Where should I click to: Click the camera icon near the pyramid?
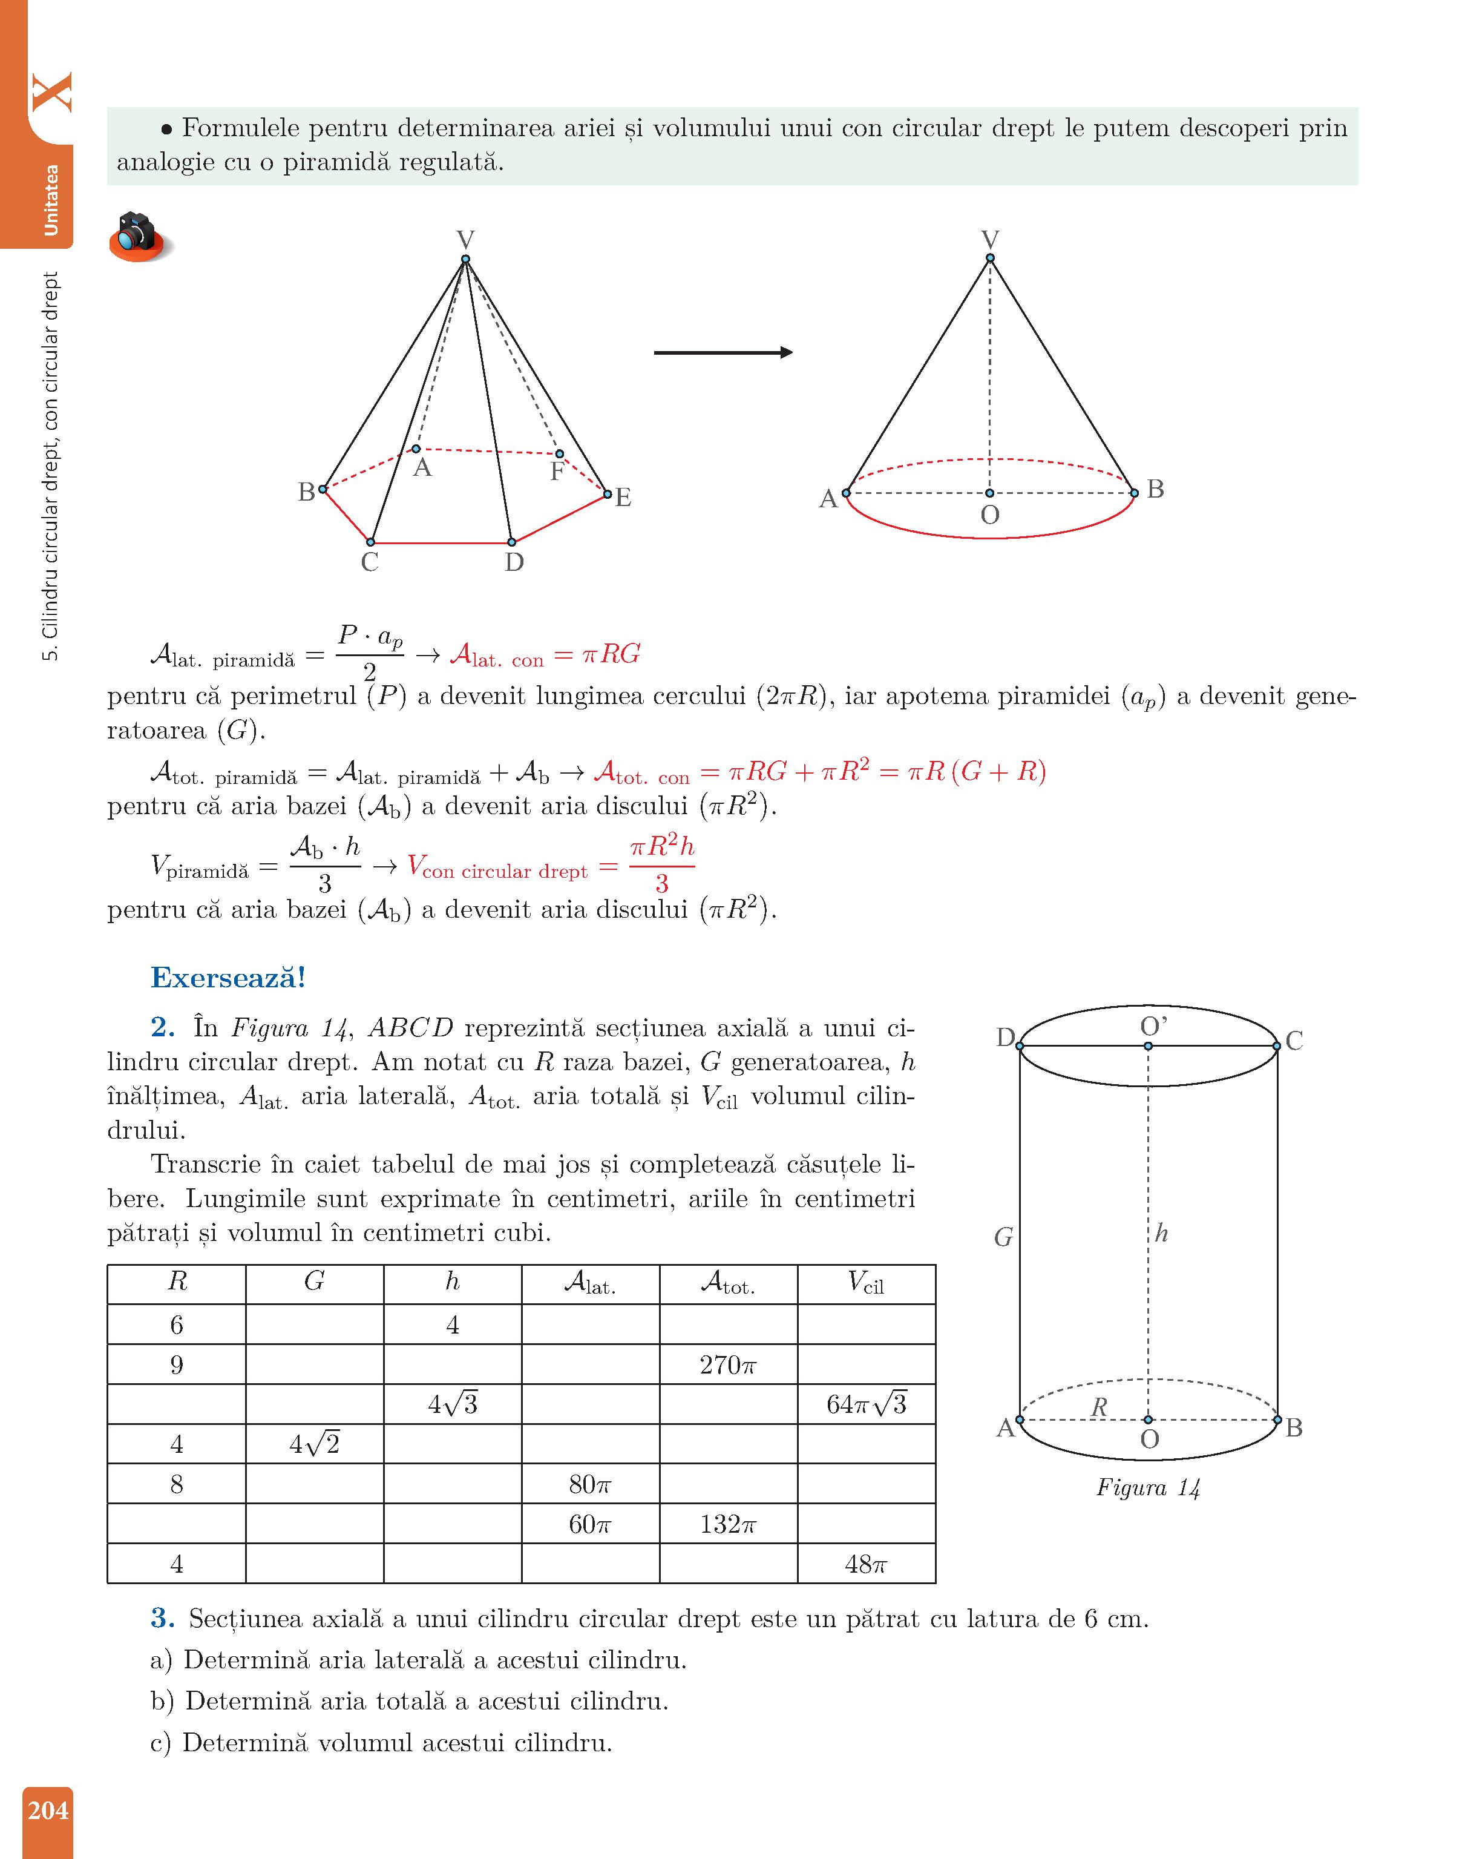(x=139, y=236)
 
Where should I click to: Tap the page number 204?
(x=47, y=1810)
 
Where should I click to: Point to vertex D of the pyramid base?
(x=511, y=542)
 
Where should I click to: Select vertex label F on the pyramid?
(x=557, y=471)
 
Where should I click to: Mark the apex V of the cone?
(x=990, y=257)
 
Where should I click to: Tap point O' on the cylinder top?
(x=1148, y=1046)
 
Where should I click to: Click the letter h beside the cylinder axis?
(x=1161, y=1234)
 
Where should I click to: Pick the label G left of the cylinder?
(x=1003, y=1237)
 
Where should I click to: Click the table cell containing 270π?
(x=727, y=1365)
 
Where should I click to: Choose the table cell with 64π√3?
(x=867, y=1404)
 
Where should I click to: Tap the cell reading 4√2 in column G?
(x=314, y=1445)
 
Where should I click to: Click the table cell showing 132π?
(x=727, y=1524)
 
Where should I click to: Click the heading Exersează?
(x=228, y=977)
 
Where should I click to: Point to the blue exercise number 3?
(x=163, y=1618)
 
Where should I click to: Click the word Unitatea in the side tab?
(x=51, y=200)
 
